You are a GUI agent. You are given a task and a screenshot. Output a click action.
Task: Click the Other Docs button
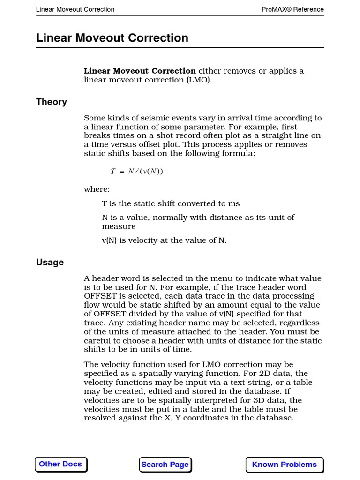(60, 464)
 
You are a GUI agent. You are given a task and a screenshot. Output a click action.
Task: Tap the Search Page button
(165, 465)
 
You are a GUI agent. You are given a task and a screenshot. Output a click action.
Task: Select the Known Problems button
(284, 465)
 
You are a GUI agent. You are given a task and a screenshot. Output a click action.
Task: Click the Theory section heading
(52, 102)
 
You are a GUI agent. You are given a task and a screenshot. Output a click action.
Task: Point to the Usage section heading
(50, 262)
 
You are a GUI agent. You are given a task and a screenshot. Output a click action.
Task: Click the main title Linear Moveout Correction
(112, 38)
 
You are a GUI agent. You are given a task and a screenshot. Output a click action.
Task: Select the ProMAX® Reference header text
(292, 9)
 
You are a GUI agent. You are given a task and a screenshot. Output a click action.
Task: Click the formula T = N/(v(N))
(137, 171)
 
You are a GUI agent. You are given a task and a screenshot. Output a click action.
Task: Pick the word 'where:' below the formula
(97, 189)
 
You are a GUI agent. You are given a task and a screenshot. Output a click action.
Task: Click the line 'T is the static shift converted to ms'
(171, 203)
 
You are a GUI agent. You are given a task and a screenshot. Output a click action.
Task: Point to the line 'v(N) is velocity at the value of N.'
(164, 240)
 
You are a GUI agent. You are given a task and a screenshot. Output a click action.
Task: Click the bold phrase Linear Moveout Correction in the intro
(140, 71)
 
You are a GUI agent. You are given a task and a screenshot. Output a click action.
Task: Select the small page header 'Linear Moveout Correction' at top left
(75, 9)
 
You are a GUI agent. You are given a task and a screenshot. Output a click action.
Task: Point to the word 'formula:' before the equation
(240, 153)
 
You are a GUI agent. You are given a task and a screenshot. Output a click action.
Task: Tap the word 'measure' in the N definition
(119, 226)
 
